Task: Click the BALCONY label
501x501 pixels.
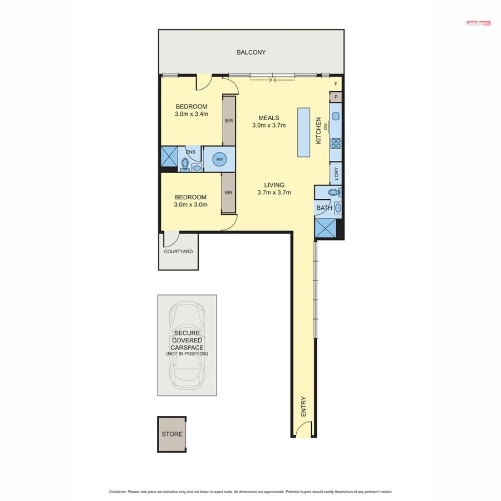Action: point(251,52)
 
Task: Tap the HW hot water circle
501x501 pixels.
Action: point(219,159)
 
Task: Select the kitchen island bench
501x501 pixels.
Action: point(304,132)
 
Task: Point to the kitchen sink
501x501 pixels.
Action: point(336,117)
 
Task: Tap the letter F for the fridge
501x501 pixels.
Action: point(336,84)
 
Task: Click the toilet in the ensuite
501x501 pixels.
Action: point(185,164)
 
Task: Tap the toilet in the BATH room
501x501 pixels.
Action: point(333,193)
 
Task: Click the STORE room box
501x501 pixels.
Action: point(171,434)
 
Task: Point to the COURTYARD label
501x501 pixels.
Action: point(178,252)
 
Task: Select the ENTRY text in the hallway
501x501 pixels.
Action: point(303,407)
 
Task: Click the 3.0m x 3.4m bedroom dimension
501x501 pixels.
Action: point(191,115)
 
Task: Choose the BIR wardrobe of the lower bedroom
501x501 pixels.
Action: point(228,192)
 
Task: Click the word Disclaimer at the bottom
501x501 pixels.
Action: point(118,492)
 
